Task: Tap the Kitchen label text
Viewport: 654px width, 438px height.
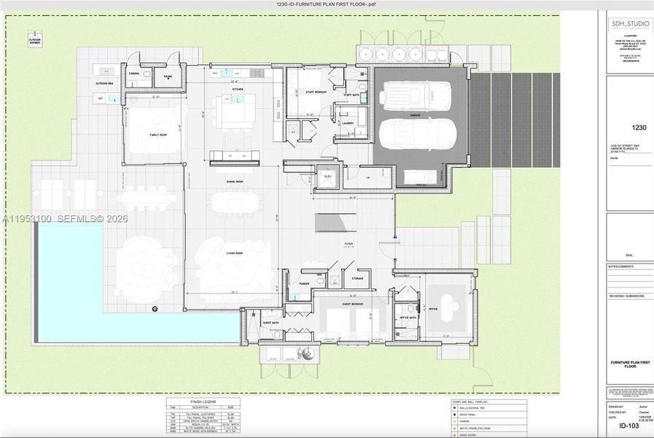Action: [x=238, y=89]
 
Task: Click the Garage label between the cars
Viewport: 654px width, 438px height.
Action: [x=414, y=115]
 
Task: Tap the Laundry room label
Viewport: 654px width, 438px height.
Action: [x=347, y=123]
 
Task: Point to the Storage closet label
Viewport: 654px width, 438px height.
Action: [x=357, y=278]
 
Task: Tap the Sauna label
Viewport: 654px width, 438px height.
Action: [x=168, y=75]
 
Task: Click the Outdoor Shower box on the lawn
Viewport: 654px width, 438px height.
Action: [x=35, y=39]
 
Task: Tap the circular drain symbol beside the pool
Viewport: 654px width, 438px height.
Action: [x=155, y=309]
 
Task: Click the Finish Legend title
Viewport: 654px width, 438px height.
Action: [x=203, y=401]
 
